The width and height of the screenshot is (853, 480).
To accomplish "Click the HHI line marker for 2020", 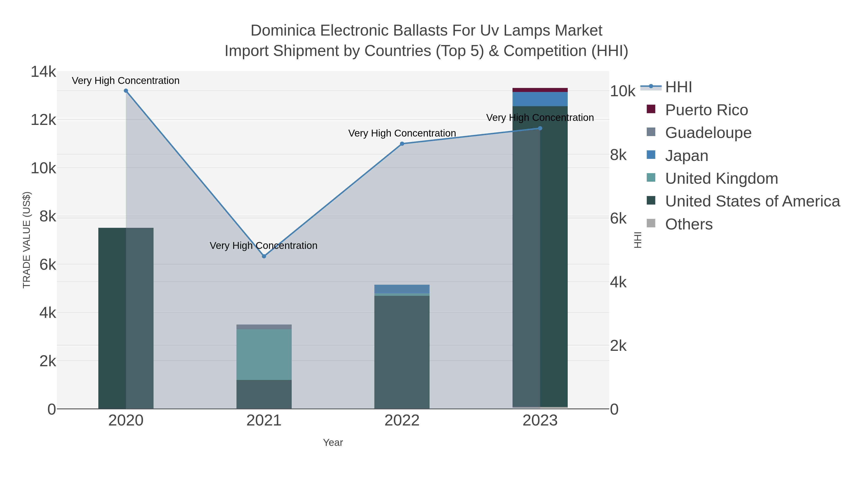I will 126,91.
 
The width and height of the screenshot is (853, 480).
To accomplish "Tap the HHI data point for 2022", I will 402,144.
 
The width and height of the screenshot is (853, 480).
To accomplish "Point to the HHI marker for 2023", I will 540,128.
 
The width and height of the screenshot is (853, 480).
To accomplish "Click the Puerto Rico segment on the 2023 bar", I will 540,90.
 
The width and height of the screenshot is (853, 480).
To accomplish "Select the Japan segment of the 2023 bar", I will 540,99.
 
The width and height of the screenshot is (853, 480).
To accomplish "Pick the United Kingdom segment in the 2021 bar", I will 264,354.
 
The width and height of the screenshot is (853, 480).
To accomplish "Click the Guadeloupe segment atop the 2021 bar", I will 264,327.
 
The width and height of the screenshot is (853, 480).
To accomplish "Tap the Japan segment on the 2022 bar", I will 402,289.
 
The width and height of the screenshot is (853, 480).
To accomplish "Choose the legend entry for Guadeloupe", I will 708,133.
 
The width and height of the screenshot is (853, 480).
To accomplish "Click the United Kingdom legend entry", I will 721,178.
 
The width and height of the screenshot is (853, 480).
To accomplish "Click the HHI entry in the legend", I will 678,87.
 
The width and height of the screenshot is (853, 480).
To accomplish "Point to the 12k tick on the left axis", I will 44,120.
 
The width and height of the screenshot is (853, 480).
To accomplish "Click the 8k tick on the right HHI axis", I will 618,155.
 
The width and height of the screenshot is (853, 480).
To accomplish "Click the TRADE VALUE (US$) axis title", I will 27,240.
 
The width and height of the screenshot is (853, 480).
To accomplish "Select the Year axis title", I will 333,443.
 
